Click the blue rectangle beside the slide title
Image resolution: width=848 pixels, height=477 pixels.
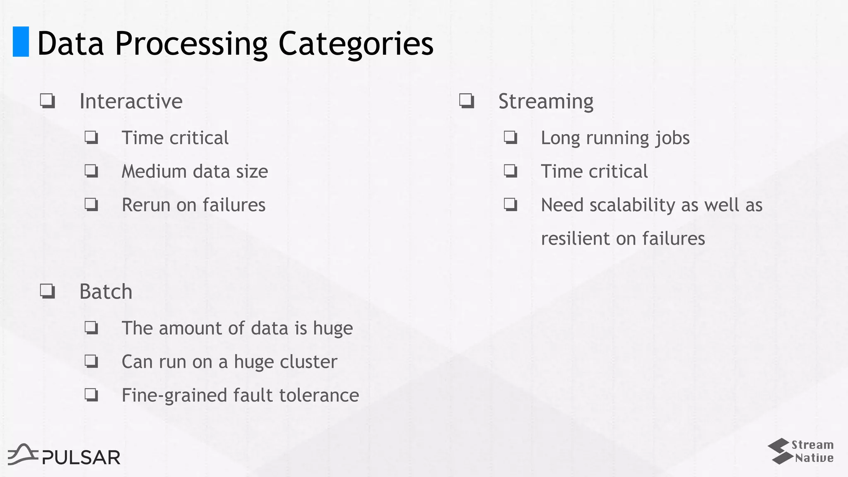click(x=21, y=41)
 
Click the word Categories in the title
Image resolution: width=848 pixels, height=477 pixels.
click(x=356, y=43)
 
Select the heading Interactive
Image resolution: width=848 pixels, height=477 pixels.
click(x=131, y=101)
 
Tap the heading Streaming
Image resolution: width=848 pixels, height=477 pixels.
click(x=546, y=101)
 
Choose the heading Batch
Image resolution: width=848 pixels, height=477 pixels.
click(x=106, y=291)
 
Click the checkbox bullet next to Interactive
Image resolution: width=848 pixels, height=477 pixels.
click(x=48, y=101)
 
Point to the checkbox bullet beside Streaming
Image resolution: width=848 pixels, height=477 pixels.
click(x=467, y=101)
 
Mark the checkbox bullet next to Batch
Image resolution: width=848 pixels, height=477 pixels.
click(x=48, y=291)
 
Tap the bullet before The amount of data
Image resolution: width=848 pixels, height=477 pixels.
click(x=92, y=328)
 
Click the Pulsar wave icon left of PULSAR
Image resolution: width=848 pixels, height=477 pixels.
click(x=23, y=454)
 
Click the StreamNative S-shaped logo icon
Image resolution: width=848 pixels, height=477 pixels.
click(x=778, y=451)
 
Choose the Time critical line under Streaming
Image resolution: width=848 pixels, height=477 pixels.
click(x=594, y=171)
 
